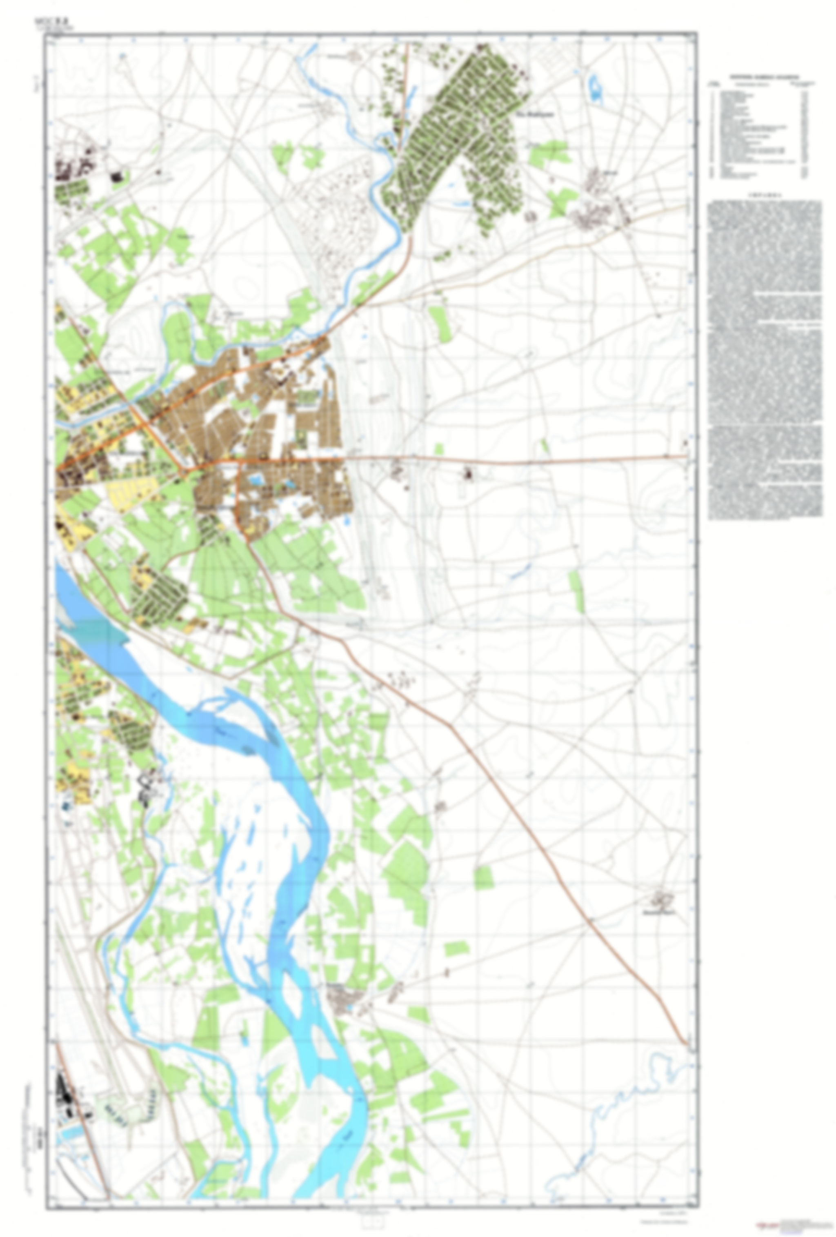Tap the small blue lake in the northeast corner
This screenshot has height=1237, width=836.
[594, 86]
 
